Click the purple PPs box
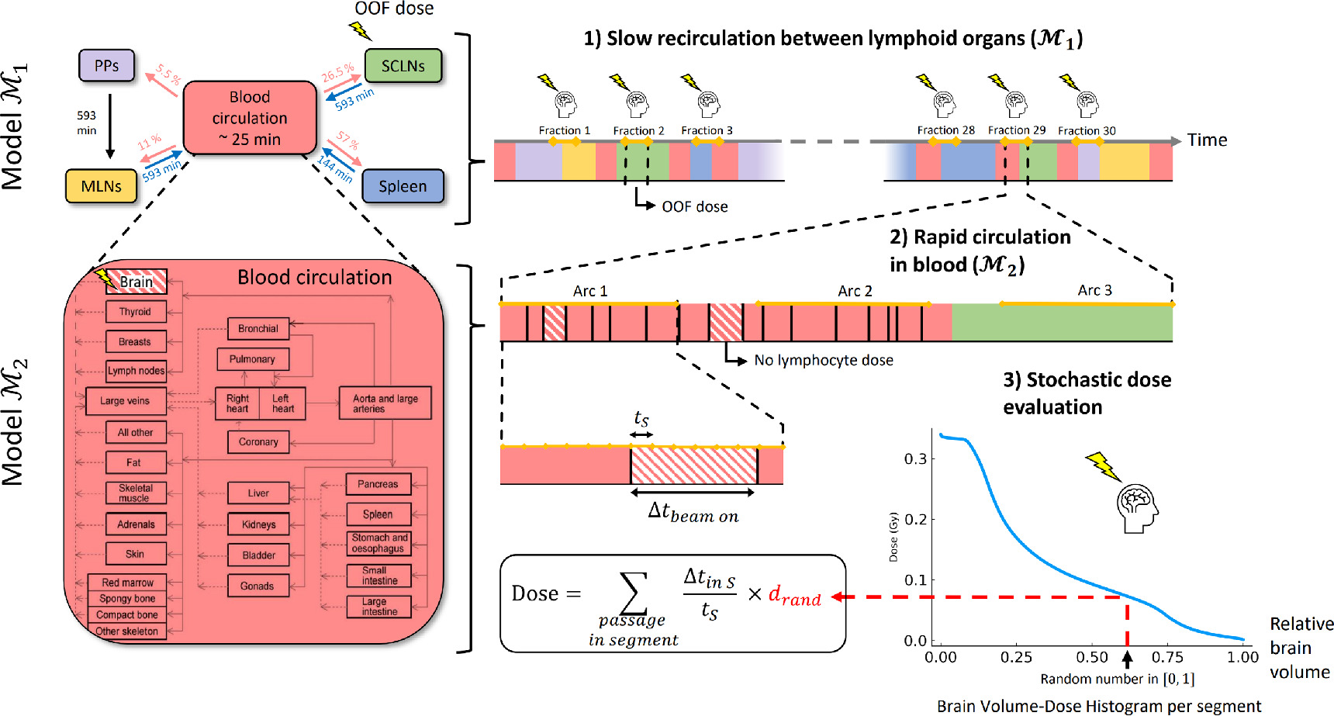tap(106, 66)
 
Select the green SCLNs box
tap(403, 66)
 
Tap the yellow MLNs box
tap(101, 186)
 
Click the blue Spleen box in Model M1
tap(403, 186)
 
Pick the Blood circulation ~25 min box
tap(250, 118)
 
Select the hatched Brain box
tap(137, 282)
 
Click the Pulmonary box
tap(252, 359)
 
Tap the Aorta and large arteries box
tap(385, 403)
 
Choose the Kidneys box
tap(258, 524)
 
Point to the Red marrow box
tap(127, 583)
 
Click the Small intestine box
tap(378, 575)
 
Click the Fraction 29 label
tap(1016, 130)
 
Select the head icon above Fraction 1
tap(565, 103)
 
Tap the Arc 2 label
tap(855, 291)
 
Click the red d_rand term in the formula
tap(794, 596)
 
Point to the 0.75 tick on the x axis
tap(1167, 657)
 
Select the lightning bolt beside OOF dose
tap(360, 30)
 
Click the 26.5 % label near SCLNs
tap(337, 73)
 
